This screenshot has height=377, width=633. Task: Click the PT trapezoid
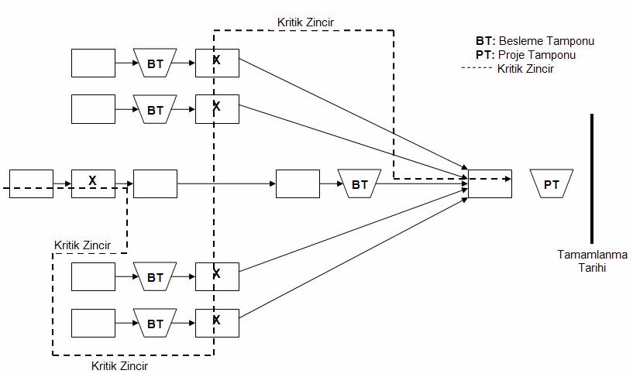[x=552, y=184]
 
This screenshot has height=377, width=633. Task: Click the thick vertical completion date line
[x=592, y=178]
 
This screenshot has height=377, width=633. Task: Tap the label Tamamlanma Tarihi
[x=592, y=261]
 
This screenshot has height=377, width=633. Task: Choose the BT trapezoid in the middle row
[x=360, y=184]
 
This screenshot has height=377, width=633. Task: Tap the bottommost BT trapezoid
[x=155, y=324]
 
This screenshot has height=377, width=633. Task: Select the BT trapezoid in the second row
[x=155, y=110]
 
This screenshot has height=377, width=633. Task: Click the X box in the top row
[x=217, y=63]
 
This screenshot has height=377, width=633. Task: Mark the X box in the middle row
[x=93, y=183]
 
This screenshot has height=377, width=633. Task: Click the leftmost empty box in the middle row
[x=31, y=183]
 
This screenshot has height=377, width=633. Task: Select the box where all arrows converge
[x=490, y=183]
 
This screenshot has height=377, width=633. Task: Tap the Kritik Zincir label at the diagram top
[x=305, y=22]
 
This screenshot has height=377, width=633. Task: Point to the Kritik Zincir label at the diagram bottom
[x=119, y=365]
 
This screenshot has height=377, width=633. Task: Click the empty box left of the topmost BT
[x=93, y=63]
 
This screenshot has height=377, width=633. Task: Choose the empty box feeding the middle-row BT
[x=298, y=183]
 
